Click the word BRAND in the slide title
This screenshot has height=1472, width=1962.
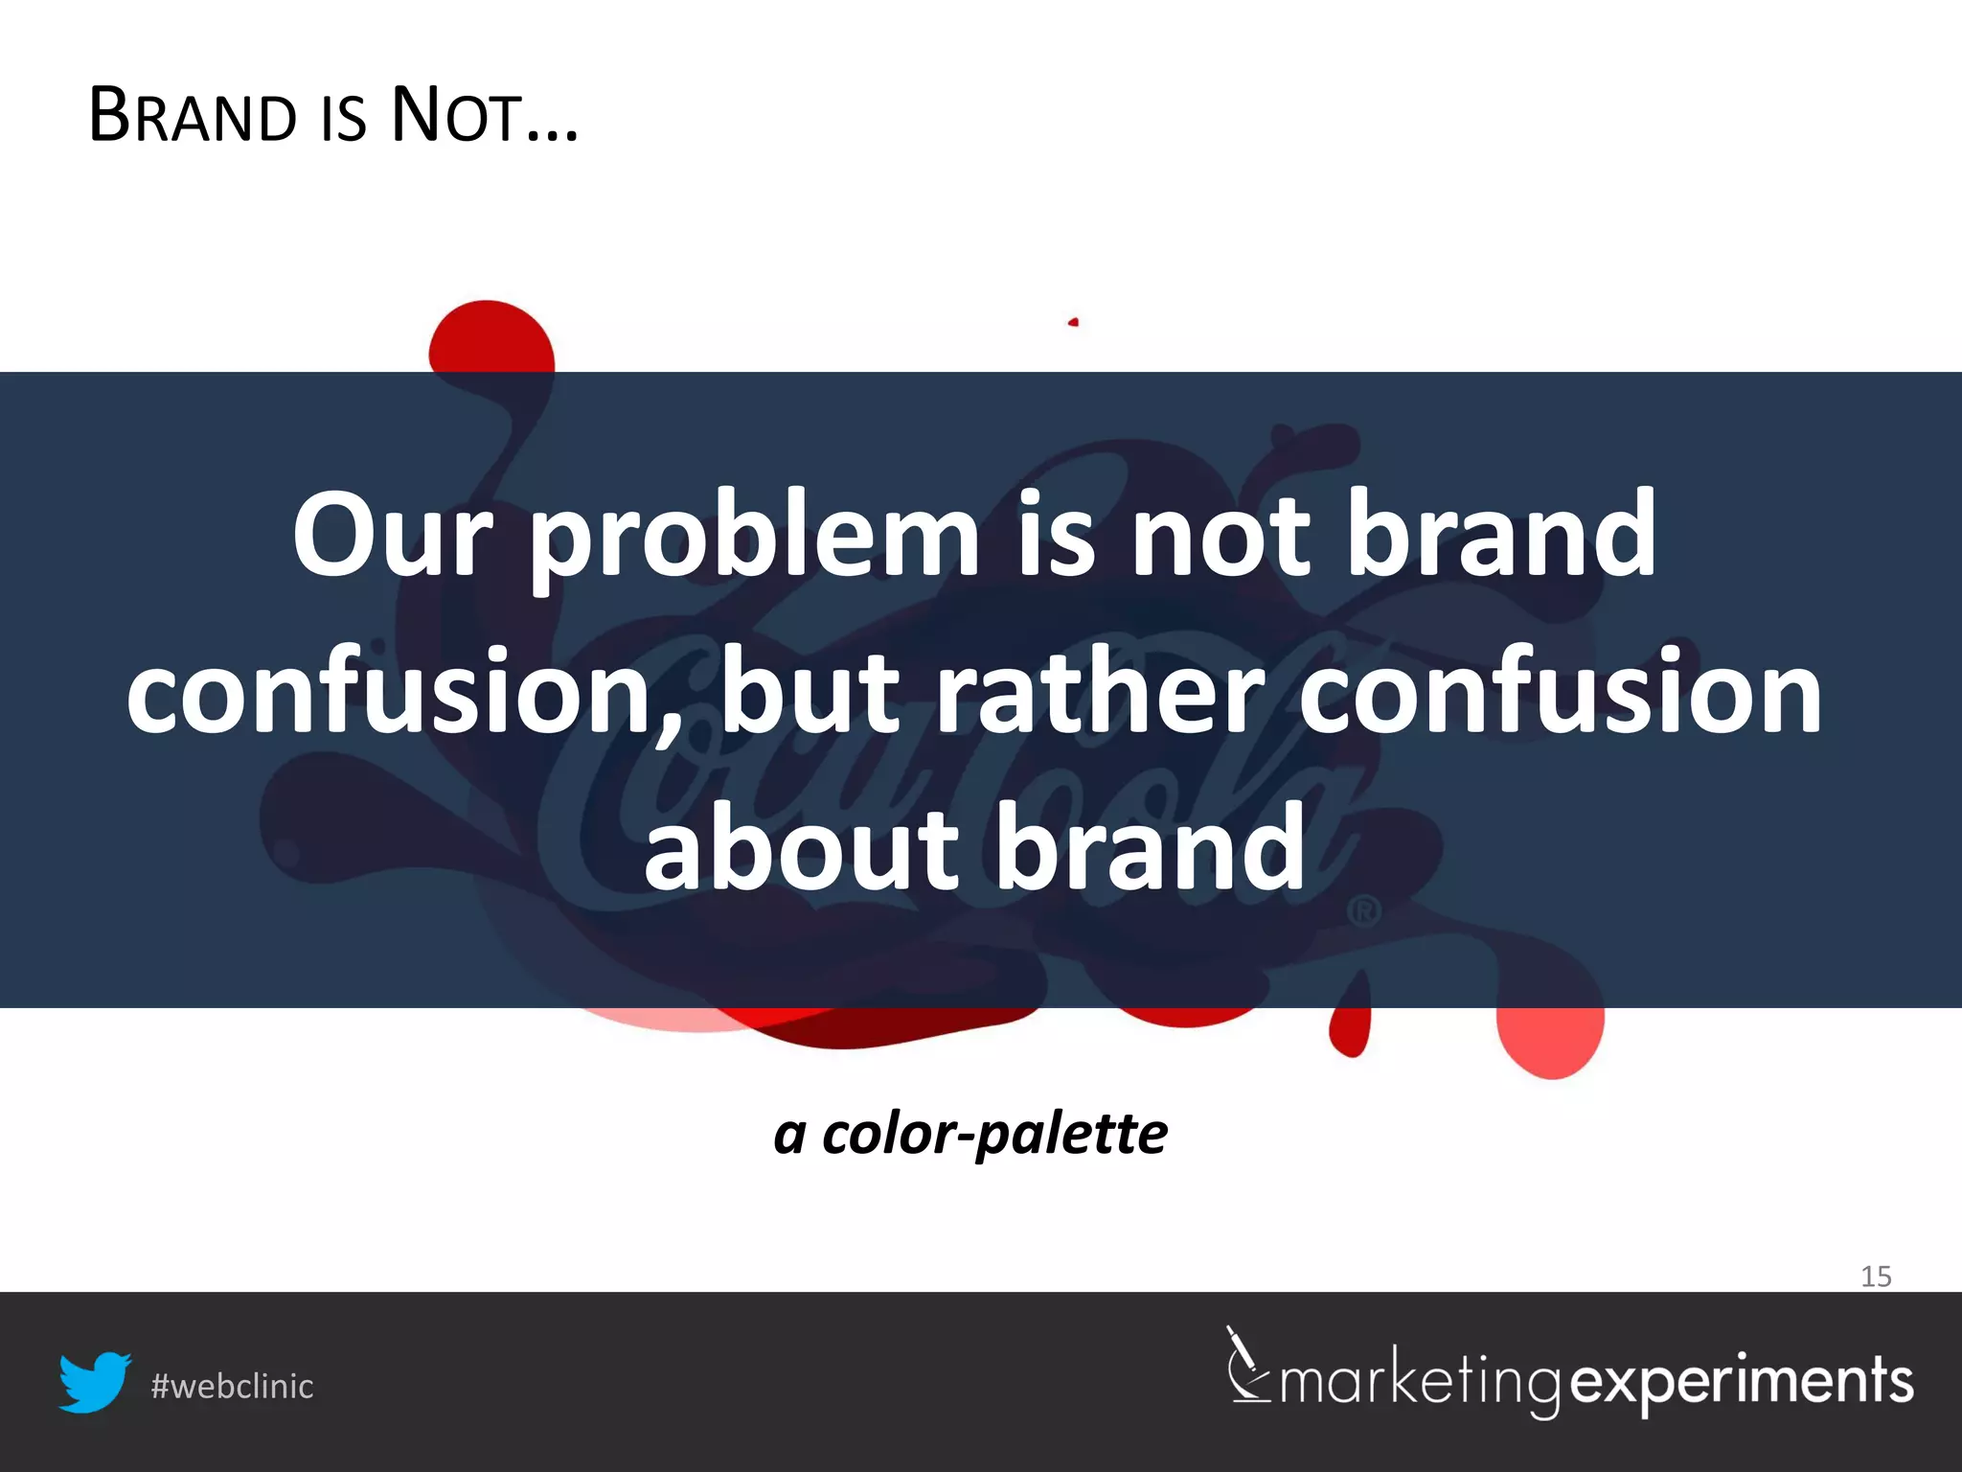coord(193,116)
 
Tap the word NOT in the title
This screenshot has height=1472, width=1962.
coord(457,116)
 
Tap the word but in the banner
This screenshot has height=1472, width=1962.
coord(810,692)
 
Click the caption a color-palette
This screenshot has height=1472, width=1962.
coord(970,1134)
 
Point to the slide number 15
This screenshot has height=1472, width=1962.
coord(1876,1276)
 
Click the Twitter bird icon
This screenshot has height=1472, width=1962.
coord(95,1382)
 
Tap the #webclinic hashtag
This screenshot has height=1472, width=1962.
coord(232,1387)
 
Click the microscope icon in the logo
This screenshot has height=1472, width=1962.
coord(1247,1365)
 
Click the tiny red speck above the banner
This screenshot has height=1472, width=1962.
coord(1074,322)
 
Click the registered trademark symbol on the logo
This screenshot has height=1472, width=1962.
coord(1364,910)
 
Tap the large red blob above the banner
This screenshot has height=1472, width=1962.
coord(490,337)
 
